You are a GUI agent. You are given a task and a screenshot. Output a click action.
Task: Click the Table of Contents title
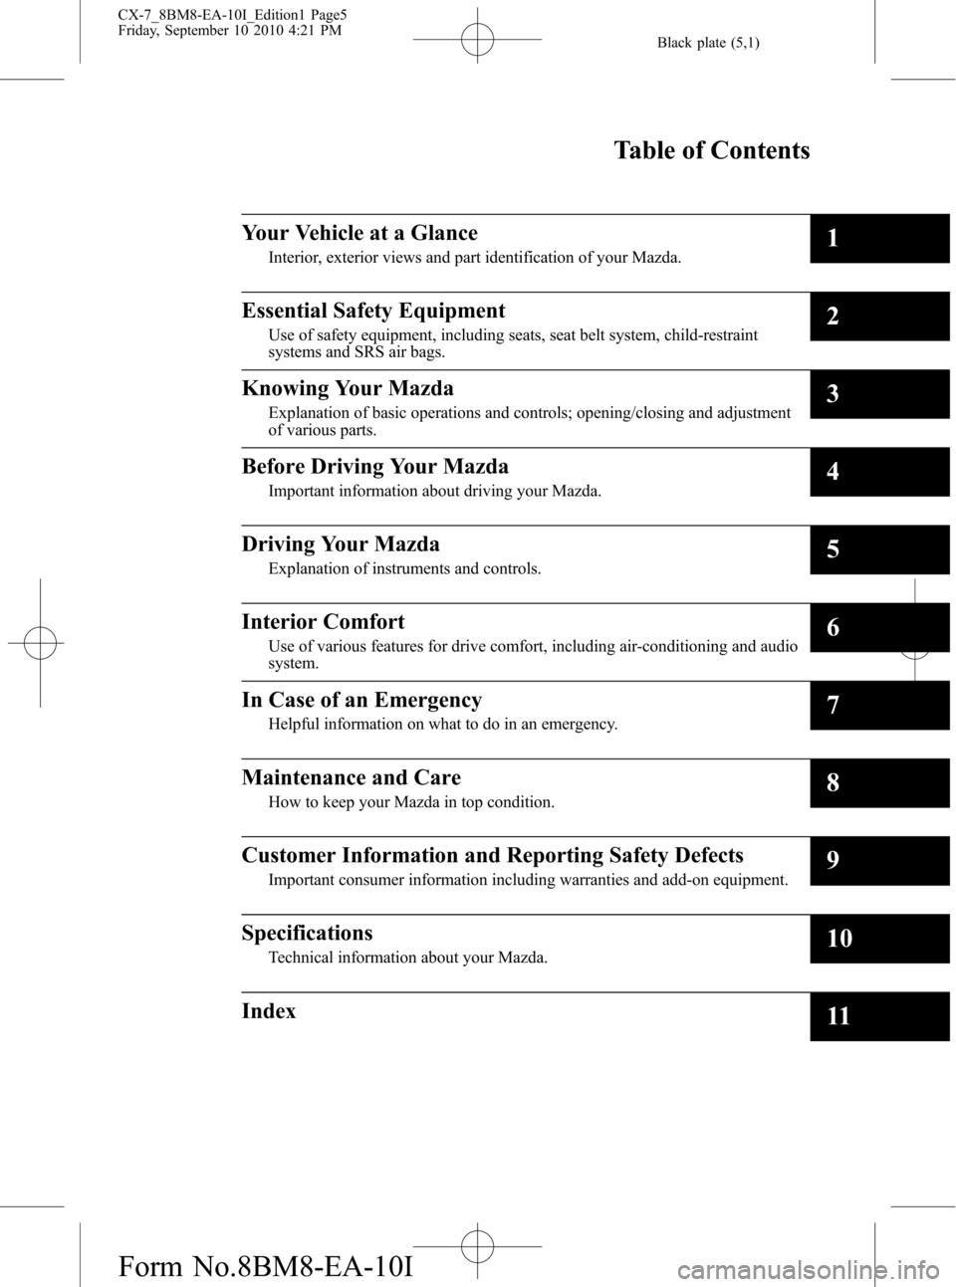(711, 151)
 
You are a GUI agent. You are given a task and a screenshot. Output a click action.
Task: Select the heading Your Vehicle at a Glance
(359, 233)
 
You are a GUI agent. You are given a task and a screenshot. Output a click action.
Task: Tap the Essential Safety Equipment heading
(373, 311)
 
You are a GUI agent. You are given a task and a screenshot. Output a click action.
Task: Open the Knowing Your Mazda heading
(348, 388)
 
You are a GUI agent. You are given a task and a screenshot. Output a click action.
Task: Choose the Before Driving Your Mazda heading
(374, 466)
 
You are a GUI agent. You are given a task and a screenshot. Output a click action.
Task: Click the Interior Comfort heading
(323, 622)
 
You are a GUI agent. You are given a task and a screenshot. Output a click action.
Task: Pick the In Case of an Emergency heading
(361, 700)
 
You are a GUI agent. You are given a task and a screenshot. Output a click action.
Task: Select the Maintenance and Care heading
(351, 777)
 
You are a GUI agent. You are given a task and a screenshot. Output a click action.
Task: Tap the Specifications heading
(307, 933)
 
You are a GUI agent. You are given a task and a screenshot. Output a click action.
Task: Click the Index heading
(269, 1011)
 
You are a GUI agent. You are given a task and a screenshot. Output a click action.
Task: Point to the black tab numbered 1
(879, 239)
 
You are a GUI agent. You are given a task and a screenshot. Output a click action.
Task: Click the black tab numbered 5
(879, 549)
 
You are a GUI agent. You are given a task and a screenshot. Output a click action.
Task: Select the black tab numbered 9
(879, 861)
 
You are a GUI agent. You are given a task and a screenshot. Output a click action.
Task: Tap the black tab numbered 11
(879, 1016)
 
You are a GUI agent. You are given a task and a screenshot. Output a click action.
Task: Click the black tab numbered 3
(879, 394)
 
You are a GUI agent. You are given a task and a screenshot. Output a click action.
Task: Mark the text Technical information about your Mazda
(407, 958)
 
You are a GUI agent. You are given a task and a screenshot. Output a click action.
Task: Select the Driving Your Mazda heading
(341, 544)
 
